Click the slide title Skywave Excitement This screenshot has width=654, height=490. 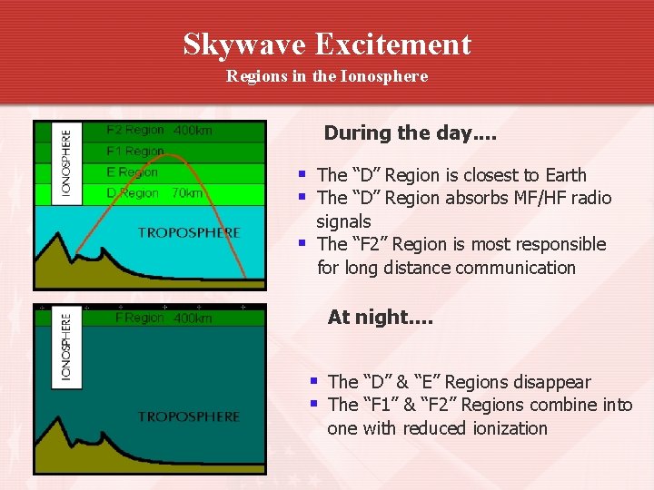(x=327, y=44)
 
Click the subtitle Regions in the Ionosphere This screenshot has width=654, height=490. (x=327, y=77)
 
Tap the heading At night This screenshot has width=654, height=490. (x=380, y=317)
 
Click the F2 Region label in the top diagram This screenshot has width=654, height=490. (x=135, y=130)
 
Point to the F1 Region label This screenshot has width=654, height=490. (x=135, y=152)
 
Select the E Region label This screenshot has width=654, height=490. (x=132, y=172)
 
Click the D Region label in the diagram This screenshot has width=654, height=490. (x=133, y=193)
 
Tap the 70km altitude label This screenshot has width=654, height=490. (x=187, y=193)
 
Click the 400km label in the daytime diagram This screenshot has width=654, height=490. (x=193, y=131)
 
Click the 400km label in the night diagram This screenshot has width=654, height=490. (x=193, y=318)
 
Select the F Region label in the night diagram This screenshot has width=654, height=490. (x=140, y=318)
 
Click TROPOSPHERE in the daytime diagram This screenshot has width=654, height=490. (x=189, y=233)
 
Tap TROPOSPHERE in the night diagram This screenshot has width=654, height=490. (x=189, y=417)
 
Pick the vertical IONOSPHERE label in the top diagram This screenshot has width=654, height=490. (x=66, y=162)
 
